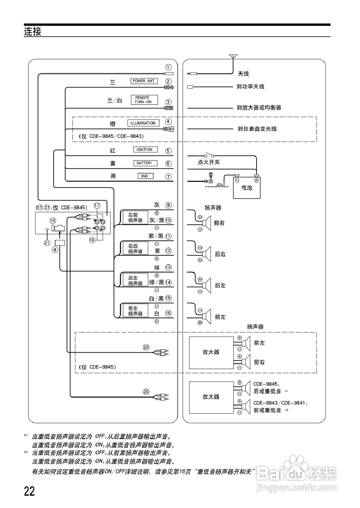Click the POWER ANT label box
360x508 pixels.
(144, 81)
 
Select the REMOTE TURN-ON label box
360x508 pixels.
(144, 100)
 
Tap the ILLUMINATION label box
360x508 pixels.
(143, 123)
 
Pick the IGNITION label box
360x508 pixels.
(145, 150)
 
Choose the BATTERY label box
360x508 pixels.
(144, 163)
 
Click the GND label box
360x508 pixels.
(145, 176)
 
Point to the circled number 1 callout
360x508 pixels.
(168, 67)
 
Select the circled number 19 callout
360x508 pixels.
(53, 220)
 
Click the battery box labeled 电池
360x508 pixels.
(247, 188)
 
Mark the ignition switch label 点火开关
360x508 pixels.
(209, 162)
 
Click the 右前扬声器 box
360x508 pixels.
(135, 218)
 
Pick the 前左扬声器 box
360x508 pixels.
(135, 311)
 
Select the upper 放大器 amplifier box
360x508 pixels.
(211, 352)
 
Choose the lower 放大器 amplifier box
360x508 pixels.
(211, 396)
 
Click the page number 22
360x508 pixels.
(29, 491)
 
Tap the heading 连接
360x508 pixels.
(33, 31)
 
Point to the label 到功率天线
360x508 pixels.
(250, 87)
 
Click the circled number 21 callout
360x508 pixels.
(47, 243)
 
